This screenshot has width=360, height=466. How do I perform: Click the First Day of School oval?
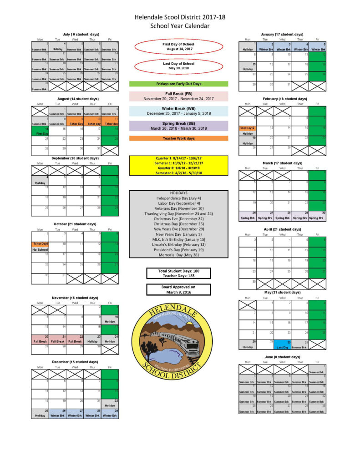pos(178,46)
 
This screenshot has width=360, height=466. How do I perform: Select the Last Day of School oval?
pos(178,66)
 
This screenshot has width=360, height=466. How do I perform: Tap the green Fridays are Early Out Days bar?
pos(178,84)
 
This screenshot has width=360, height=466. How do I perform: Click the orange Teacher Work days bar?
pos(178,138)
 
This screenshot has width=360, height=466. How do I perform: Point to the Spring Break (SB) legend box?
pos(178,126)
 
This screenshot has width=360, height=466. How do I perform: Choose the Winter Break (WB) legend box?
pos(178,111)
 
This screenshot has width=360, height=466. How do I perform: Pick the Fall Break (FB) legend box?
pos(178,96)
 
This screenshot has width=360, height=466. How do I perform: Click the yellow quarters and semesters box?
pos(178,166)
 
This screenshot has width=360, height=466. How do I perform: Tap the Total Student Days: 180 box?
pos(178,273)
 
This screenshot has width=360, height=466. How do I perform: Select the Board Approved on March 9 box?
pos(178,289)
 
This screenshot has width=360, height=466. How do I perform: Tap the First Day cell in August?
pos(40,132)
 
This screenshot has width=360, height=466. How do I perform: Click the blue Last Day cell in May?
pos(282,344)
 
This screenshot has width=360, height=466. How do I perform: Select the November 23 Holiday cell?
pos(92,339)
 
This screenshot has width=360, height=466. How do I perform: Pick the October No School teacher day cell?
pos(40,247)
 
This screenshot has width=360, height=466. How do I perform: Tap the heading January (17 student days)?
pos(282,34)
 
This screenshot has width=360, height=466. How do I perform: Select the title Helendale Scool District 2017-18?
pos(180,17)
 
